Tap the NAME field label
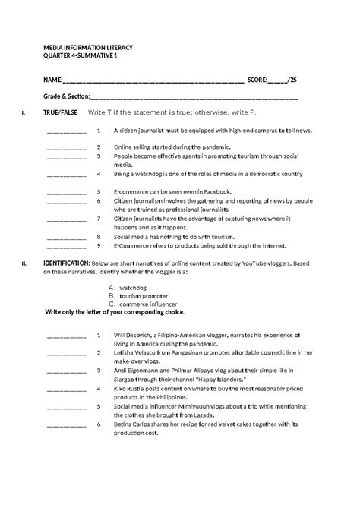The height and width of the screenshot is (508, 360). coord(54,79)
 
